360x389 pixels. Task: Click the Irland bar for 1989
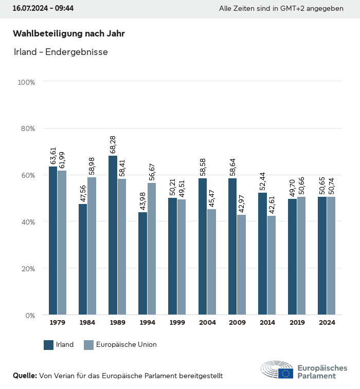tap(113, 235)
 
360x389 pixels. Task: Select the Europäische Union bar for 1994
tap(152, 249)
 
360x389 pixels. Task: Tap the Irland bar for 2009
tap(232, 247)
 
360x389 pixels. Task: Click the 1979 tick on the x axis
tap(57, 323)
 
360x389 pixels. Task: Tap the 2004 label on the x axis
tap(207, 323)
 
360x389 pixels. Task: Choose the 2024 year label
tap(327, 323)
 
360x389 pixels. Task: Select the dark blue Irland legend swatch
tap(49, 345)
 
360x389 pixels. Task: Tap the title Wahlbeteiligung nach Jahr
tap(69, 34)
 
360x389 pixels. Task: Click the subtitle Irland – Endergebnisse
tap(60, 52)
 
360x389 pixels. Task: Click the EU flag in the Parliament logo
tap(286, 374)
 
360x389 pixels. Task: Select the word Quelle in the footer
tap(25, 376)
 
